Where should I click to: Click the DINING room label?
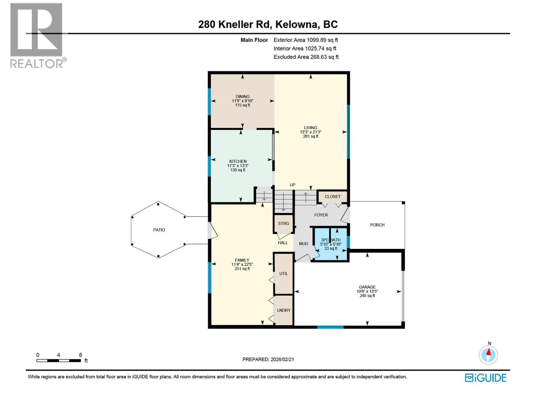pyautogui.click(x=242, y=96)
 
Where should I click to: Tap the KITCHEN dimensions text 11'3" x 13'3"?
pyautogui.click(x=238, y=165)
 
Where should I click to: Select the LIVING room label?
pyautogui.click(x=310, y=128)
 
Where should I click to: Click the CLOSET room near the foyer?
pyautogui.click(x=332, y=197)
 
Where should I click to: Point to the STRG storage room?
pyautogui.click(x=283, y=223)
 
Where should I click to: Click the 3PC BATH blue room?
pyautogui.click(x=331, y=244)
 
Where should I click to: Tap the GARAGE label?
pyautogui.click(x=367, y=287)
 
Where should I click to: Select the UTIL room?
pyautogui.click(x=283, y=273)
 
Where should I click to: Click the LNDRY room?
pyautogui.click(x=283, y=310)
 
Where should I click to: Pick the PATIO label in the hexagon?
pyautogui.click(x=159, y=230)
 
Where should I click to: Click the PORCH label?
pyautogui.click(x=377, y=225)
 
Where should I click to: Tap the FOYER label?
pyautogui.click(x=321, y=215)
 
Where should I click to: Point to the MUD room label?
pyautogui.click(x=303, y=244)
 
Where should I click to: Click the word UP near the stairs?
pyautogui.click(x=292, y=185)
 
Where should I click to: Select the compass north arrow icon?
pyautogui.click(x=488, y=355)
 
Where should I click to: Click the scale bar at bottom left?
pyautogui.click(x=59, y=360)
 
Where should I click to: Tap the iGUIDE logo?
pyautogui.click(x=485, y=378)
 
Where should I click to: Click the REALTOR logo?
pyautogui.click(x=37, y=35)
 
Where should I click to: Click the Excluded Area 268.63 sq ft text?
pyautogui.click(x=306, y=57)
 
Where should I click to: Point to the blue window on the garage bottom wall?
pyautogui.click(x=330, y=327)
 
